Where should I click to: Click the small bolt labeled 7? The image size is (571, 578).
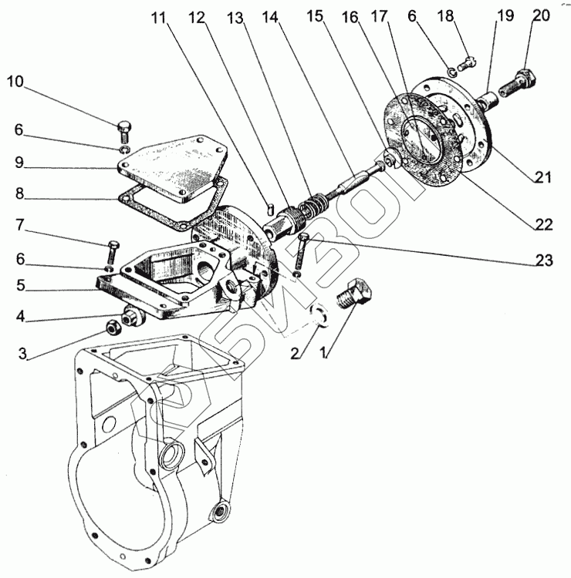pos(113,250)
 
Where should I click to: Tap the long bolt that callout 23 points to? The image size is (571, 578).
pos(302,247)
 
